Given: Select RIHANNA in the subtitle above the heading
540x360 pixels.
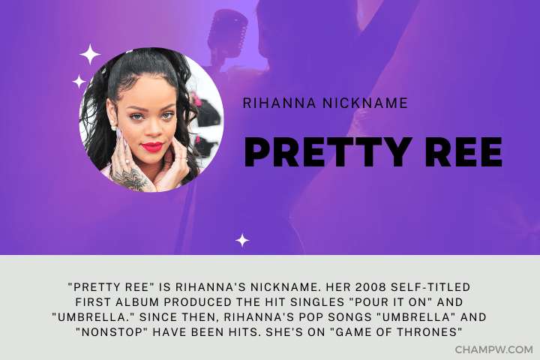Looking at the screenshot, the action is [279, 103].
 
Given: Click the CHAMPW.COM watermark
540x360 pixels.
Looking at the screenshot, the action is [493, 349].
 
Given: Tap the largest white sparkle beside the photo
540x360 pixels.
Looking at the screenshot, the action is [90, 54].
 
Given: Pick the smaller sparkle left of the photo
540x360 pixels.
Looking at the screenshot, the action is [79, 81].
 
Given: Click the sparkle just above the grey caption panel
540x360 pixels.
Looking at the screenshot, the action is [242, 240].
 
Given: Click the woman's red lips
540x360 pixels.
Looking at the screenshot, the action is [151, 147].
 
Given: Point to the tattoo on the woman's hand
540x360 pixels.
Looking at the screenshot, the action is [130, 178].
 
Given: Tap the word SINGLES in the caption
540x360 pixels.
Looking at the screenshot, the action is [317, 302].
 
